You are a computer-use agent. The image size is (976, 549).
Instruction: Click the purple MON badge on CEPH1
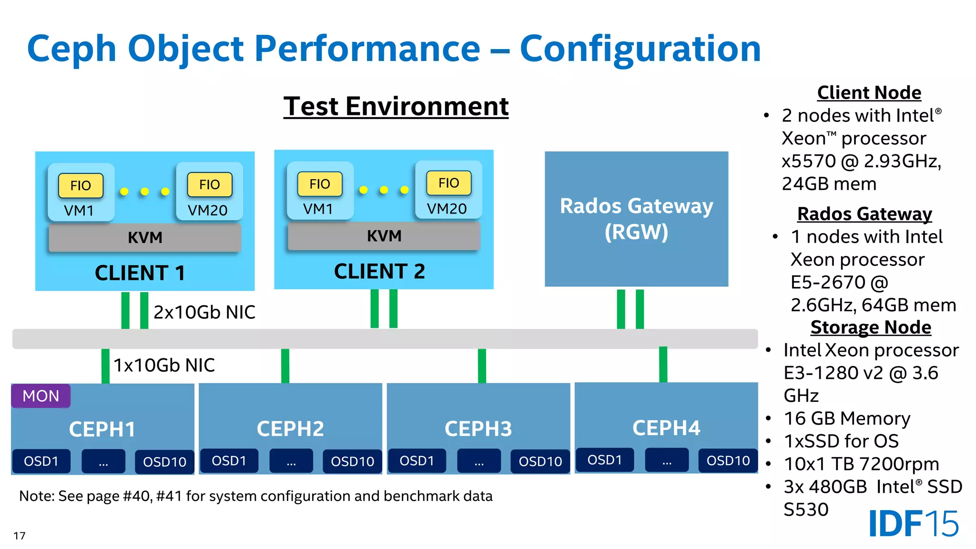click(x=41, y=396)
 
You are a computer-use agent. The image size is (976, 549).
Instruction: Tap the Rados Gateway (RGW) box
click(x=636, y=219)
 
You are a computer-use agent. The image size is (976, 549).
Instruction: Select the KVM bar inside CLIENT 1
click(x=145, y=237)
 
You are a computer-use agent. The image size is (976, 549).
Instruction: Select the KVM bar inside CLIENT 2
click(x=384, y=236)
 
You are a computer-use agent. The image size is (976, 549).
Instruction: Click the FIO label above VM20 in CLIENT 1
click(x=210, y=185)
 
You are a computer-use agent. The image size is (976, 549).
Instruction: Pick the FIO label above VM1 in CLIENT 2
click(x=320, y=184)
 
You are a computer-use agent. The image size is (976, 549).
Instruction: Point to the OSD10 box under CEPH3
click(x=540, y=461)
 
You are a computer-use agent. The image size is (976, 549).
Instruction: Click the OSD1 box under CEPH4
click(x=604, y=460)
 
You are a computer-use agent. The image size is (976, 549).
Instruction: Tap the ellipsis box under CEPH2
click(x=291, y=461)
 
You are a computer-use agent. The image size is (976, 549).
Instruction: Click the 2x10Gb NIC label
click(x=204, y=312)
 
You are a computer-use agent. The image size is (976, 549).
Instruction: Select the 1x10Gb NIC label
click(x=164, y=365)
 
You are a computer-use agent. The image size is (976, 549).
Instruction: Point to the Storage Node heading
click(x=871, y=327)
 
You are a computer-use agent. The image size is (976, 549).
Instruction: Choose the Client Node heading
click(x=869, y=92)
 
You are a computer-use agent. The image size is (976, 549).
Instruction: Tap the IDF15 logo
click(x=913, y=524)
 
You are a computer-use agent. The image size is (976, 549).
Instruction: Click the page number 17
click(x=19, y=536)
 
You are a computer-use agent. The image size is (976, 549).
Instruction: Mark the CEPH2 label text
click(x=290, y=428)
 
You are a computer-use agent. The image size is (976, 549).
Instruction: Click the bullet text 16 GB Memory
click(x=847, y=418)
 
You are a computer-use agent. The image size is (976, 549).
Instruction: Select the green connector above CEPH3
click(x=482, y=366)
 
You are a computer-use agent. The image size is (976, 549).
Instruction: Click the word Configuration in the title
click(x=640, y=49)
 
